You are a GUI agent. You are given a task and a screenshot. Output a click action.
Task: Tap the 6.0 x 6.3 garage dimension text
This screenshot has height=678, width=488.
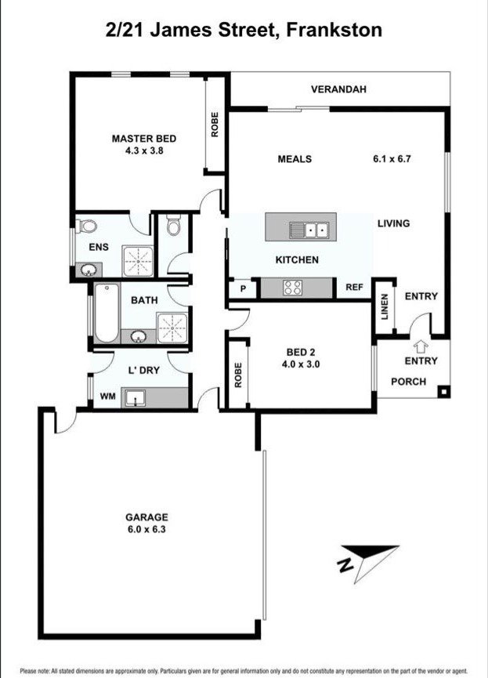[x=147, y=529]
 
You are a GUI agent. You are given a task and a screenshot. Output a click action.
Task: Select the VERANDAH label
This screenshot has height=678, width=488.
[x=338, y=89]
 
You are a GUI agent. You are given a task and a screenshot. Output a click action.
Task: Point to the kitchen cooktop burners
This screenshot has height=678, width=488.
[x=293, y=288]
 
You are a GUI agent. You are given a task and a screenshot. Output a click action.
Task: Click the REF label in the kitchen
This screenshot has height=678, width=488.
[x=354, y=288]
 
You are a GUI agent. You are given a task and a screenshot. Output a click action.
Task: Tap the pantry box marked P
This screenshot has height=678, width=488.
[x=243, y=288]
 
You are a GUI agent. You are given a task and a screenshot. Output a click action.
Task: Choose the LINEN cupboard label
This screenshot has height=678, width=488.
[x=384, y=306]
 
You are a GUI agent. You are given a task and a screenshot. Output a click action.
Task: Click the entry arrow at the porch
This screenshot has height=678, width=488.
[x=420, y=344]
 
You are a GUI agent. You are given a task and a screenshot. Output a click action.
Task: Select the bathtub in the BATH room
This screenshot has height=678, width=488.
[x=105, y=313]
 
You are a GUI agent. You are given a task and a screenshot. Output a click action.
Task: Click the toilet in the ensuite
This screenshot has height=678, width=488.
[x=87, y=227]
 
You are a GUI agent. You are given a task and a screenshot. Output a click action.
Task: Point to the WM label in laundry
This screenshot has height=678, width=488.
[x=107, y=397]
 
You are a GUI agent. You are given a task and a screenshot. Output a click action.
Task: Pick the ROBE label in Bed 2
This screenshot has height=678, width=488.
[x=238, y=374]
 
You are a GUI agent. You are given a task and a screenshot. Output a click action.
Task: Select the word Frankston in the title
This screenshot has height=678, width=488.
[x=334, y=31]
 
